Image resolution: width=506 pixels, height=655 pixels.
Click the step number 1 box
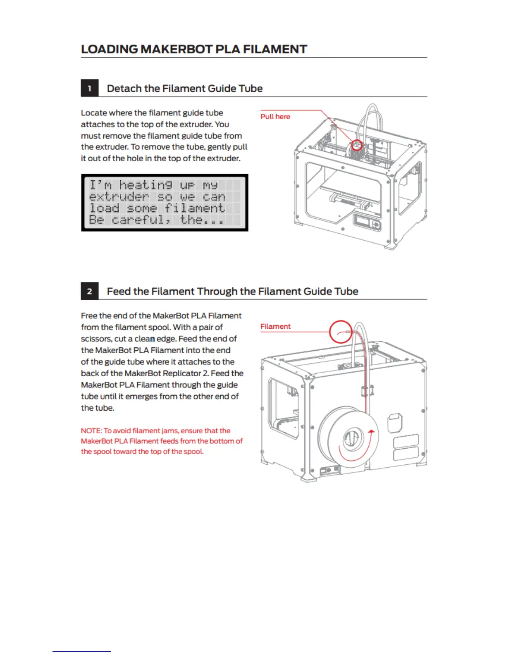89,88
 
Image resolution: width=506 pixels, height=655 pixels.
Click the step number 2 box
89,292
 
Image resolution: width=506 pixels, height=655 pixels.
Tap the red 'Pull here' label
275,117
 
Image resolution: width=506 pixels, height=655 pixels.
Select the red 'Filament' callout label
275,327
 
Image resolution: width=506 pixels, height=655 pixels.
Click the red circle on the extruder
357,145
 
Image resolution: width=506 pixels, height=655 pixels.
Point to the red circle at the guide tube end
340,332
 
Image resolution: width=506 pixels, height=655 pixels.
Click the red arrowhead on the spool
371,432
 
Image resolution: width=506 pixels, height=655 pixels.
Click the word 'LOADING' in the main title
110,49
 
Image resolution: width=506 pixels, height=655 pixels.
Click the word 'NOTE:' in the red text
91,431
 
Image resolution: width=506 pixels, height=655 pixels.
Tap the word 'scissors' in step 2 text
96,339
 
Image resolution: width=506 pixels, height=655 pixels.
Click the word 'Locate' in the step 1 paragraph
94,113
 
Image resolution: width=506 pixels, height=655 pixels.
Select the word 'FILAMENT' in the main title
275,49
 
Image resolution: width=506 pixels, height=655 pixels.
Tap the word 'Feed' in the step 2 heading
119,292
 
